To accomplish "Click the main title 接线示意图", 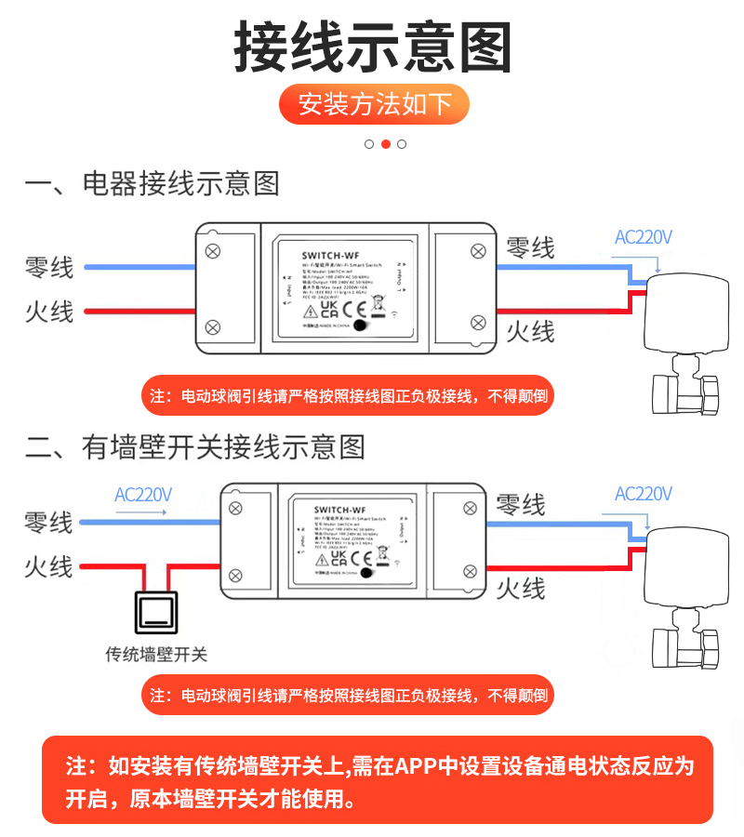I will point(372,46).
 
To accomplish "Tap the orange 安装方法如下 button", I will point(374,104).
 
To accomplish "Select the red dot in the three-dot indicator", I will point(385,144).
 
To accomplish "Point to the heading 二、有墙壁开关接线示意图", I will point(194,447).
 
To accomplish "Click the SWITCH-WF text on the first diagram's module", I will point(332,253).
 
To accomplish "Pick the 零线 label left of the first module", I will point(49,268).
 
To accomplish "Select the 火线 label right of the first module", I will point(530,331).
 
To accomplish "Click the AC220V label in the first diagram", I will point(643,237).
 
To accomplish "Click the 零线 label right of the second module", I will point(521,505).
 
